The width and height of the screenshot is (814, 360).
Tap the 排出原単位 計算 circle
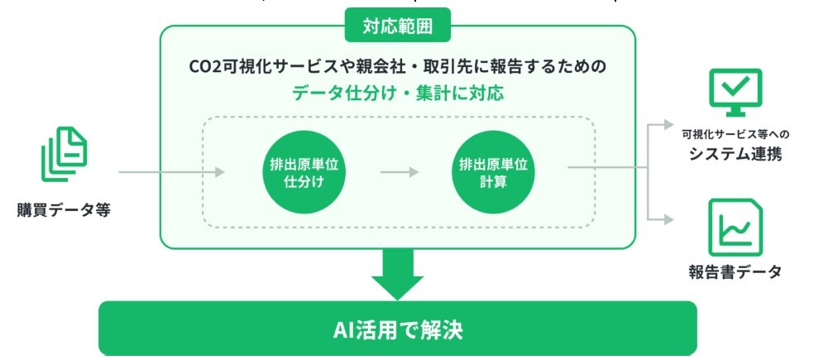tap(493, 172)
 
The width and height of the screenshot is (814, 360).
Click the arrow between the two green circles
tap(400, 172)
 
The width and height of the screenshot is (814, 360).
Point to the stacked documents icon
tap(64, 154)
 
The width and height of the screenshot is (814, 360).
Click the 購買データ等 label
tap(64, 210)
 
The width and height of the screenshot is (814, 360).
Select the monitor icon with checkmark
tap(735, 93)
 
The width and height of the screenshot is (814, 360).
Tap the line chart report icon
tap(735, 228)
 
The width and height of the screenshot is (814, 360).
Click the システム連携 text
tap(735, 154)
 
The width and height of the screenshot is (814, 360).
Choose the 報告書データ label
tap(735, 271)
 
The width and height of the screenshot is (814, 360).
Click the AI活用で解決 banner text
tap(398, 330)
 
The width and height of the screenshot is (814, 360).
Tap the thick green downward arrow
tap(398, 274)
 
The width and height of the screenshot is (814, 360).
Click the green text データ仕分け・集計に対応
tap(398, 94)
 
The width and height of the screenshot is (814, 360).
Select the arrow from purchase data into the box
tap(172, 172)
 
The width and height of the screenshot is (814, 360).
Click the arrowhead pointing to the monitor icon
tap(668, 123)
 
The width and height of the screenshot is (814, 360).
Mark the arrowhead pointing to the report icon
tap(668, 219)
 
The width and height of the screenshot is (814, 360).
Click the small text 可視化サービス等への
tap(735, 135)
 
